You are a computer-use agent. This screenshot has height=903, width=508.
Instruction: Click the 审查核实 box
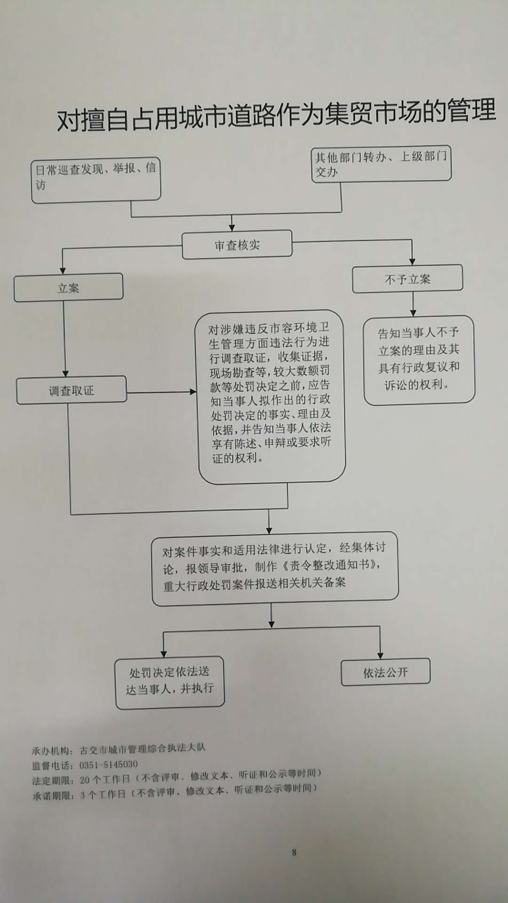pyautogui.click(x=237, y=245)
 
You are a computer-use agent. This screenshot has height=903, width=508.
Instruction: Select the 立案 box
pyautogui.click(x=69, y=287)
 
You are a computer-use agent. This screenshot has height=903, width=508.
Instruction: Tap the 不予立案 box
pyautogui.click(x=407, y=279)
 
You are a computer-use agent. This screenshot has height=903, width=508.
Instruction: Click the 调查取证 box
pyautogui.click(x=71, y=390)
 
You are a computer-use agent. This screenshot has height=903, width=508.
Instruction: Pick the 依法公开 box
pyautogui.click(x=385, y=672)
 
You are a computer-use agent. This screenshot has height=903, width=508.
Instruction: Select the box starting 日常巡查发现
pyautogui.click(x=96, y=180)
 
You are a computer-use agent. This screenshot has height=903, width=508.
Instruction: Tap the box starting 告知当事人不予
pyautogui.click(x=419, y=359)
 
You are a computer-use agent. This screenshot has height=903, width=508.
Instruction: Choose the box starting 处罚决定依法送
pyautogui.click(x=170, y=681)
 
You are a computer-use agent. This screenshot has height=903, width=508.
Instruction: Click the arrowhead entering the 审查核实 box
pyautogui.click(x=231, y=226)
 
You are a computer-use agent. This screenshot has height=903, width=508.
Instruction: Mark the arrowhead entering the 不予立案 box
pyautogui.click(x=412, y=261)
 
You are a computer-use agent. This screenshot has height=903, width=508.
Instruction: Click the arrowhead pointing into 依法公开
pyautogui.click(x=380, y=655)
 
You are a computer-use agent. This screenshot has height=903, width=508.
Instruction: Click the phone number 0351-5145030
pyautogui.click(x=109, y=764)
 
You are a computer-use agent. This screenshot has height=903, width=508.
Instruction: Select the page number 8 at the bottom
pyautogui.click(x=294, y=852)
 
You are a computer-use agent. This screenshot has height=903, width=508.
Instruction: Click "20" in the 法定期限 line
pyautogui.click(x=84, y=780)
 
